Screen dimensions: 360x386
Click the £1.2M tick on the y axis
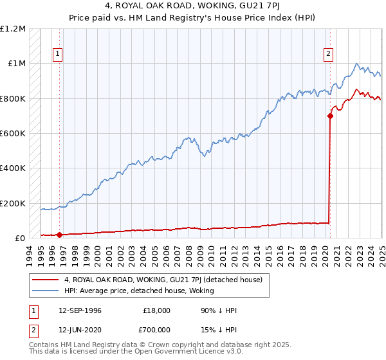coord(13,29)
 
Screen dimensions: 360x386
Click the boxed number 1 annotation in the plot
coord(59,55)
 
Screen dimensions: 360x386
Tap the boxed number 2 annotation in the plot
coord(328,55)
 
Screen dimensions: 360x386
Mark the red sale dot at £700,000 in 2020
coord(330,116)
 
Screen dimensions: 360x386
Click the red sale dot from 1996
coord(59,235)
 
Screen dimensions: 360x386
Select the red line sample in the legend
coord(46,280)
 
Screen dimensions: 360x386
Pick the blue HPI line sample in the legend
coord(46,291)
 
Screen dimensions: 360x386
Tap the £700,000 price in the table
coord(155,330)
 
